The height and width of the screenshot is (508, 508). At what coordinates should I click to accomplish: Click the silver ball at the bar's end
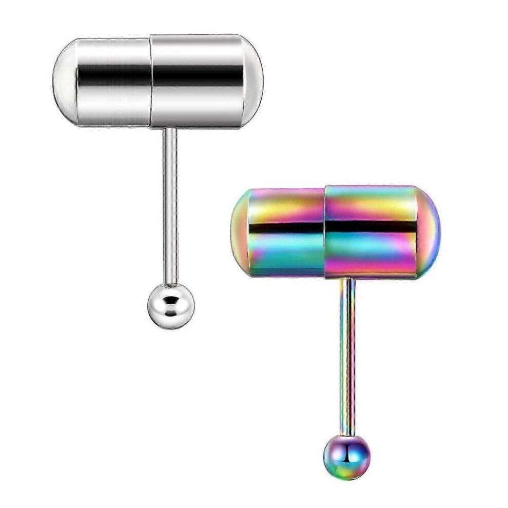pos(171,306)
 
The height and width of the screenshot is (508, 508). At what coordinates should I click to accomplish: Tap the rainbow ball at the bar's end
pos(347,457)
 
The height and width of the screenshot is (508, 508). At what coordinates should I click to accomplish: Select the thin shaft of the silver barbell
pos(170,205)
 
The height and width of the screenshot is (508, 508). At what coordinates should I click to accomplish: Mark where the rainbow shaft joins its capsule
pos(347,280)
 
